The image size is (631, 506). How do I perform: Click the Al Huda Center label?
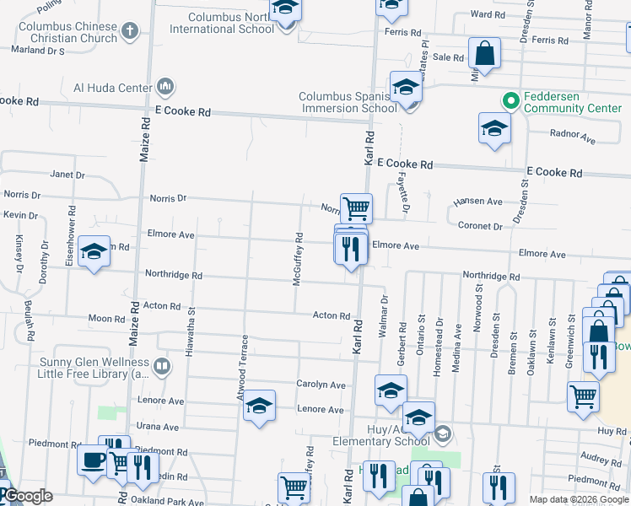(x=112, y=87)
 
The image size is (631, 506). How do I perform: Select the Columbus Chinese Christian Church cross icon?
(x=129, y=32)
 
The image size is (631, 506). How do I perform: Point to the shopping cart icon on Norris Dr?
(x=357, y=207)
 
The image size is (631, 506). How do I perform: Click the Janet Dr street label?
(x=67, y=175)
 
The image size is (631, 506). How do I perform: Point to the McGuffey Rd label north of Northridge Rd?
(x=298, y=259)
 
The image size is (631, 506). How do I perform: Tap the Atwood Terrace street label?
(x=244, y=366)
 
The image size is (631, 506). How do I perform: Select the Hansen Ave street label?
(x=477, y=202)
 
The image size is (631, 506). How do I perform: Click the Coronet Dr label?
(x=480, y=226)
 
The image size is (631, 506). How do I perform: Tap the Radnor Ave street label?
(x=572, y=134)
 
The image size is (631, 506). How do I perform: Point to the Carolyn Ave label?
(x=321, y=385)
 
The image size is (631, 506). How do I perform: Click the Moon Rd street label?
(x=106, y=319)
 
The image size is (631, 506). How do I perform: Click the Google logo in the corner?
(x=27, y=496)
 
